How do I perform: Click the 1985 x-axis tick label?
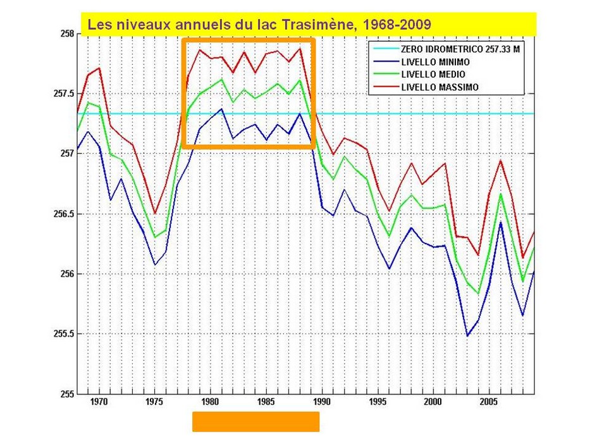click(x=266, y=401)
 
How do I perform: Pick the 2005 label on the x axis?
click(x=488, y=401)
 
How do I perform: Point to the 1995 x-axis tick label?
click(x=377, y=401)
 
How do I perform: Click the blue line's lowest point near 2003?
click(x=467, y=335)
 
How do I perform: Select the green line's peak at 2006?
click(x=500, y=194)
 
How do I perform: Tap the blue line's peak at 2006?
click(x=500, y=222)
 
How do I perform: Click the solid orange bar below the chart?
click(x=255, y=421)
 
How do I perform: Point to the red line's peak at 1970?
click(x=99, y=68)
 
